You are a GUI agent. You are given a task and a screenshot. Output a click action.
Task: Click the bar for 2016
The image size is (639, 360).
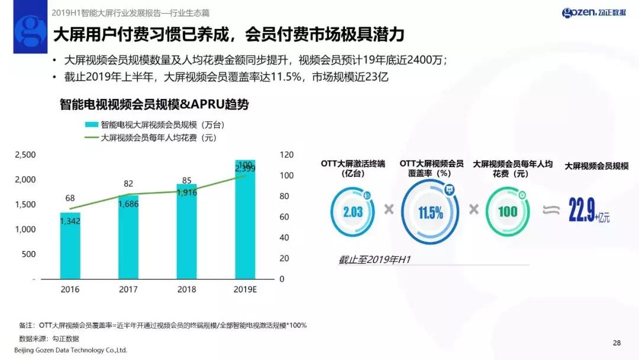(x=70, y=245)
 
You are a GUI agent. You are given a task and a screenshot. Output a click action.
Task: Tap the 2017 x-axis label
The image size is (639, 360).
(x=128, y=290)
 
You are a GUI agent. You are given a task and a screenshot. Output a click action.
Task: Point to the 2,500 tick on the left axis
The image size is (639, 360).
(x=25, y=155)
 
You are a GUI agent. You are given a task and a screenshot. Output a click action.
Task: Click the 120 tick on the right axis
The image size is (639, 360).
(x=286, y=155)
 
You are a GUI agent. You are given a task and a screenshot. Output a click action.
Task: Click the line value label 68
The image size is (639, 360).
(x=69, y=198)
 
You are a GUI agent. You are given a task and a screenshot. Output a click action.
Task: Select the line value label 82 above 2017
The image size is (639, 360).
(x=128, y=184)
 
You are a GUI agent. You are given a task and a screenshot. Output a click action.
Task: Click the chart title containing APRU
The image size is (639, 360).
(x=154, y=105)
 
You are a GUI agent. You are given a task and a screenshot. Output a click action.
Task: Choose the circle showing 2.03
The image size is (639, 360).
(x=353, y=211)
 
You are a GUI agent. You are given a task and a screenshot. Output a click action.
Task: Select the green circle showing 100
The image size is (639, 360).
(x=507, y=211)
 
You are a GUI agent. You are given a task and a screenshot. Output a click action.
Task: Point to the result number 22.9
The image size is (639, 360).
(x=581, y=211)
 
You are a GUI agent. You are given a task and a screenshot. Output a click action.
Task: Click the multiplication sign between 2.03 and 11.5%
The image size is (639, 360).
(x=389, y=209)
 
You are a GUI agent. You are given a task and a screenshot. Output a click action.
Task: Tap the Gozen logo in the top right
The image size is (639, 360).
(x=593, y=12)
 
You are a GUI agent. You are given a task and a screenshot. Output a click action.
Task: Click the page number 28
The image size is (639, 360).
(x=617, y=343)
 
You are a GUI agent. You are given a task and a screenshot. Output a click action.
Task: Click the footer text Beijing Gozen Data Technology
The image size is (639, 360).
(x=70, y=350)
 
